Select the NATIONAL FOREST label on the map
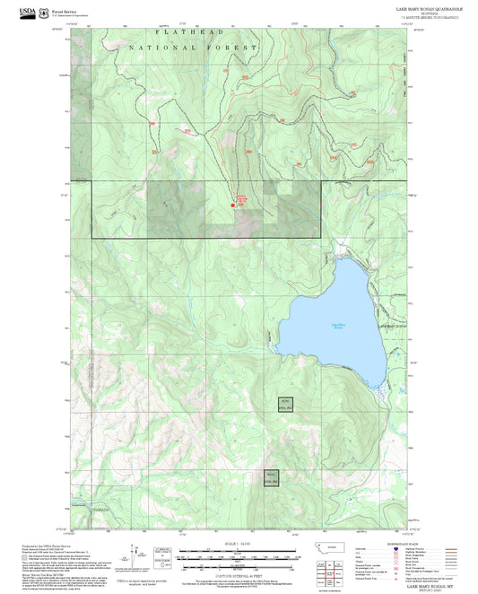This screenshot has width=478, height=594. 193,47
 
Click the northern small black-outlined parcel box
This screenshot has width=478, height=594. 285,404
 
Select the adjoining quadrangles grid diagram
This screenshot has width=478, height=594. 336,570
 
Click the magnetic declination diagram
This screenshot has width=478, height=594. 140,552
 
